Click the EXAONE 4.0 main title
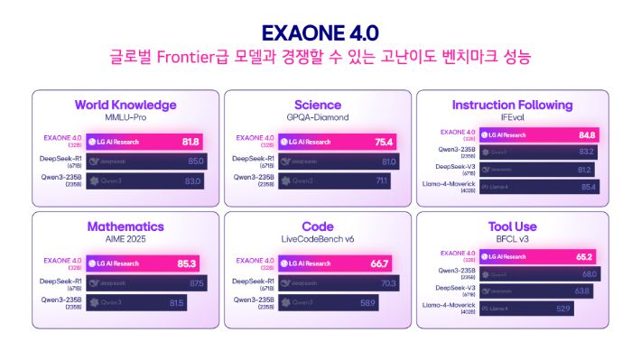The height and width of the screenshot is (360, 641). pyautogui.click(x=320, y=34)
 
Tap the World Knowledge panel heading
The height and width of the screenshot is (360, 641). pyautogui.click(x=125, y=105)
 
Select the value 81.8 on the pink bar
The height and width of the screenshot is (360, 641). pyautogui.click(x=190, y=142)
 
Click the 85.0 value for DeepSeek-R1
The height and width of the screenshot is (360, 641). pyautogui.click(x=194, y=162)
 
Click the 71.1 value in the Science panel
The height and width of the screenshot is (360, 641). pyautogui.click(x=382, y=180)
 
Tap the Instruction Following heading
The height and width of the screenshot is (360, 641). pyautogui.click(x=512, y=105)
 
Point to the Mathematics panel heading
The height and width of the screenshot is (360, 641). pyautogui.click(x=125, y=226)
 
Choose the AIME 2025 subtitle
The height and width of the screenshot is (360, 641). pyautogui.click(x=125, y=240)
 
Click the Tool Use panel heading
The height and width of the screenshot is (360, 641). pyautogui.click(x=512, y=226)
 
